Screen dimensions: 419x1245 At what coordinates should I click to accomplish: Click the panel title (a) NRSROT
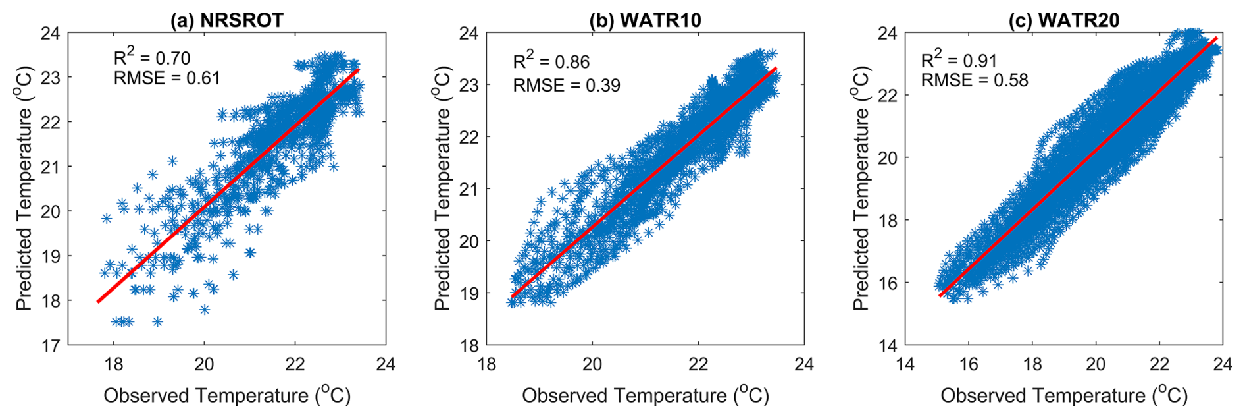pyautogui.click(x=227, y=20)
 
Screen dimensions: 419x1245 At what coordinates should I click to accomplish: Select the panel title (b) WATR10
pyautogui.click(x=645, y=20)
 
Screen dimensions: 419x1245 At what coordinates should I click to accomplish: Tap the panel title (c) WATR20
pyautogui.click(x=1063, y=20)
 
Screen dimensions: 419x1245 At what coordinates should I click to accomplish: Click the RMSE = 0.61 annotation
pyautogui.click(x=166, y=78)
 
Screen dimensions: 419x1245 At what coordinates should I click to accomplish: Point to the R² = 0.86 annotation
pyautogui.click(x=551, y=61)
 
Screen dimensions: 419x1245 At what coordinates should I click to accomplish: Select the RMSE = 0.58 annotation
pyautogui.click(x=974, y=80)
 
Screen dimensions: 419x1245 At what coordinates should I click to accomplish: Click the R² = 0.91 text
pyautogui.click(x=959, y=60)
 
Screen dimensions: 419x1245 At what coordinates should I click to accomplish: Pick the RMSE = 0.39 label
pyautogui.click(x=566, y=86)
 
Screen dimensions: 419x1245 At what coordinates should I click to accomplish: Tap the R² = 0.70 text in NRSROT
pyautogui.click(x=152, y=58)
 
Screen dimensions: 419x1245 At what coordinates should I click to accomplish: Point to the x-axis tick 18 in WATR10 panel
pyautogui.click(x=487, y=364)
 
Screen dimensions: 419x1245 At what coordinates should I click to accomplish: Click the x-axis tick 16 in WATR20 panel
pyautogui.click(x=969, y=364)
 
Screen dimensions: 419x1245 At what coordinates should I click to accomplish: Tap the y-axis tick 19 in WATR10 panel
pyautogui.click(x=469, y=293)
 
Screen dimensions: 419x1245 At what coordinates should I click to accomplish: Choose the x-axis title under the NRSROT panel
pyautogui.click(x=227, y=395)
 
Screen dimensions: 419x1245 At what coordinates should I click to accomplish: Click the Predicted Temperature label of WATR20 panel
pyautogui.click(x=861, y=188)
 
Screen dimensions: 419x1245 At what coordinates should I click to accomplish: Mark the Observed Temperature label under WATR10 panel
pyautogui.click(x=645, y=395)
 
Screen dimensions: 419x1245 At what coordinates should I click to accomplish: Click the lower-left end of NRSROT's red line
pyautogui.click(x=98, y=302)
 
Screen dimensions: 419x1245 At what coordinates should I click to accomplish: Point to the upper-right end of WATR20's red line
pyautogui.click(x=1215, y=38)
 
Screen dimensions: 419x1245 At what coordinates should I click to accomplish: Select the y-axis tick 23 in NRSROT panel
pyautogui.click(x=51, y=78)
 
